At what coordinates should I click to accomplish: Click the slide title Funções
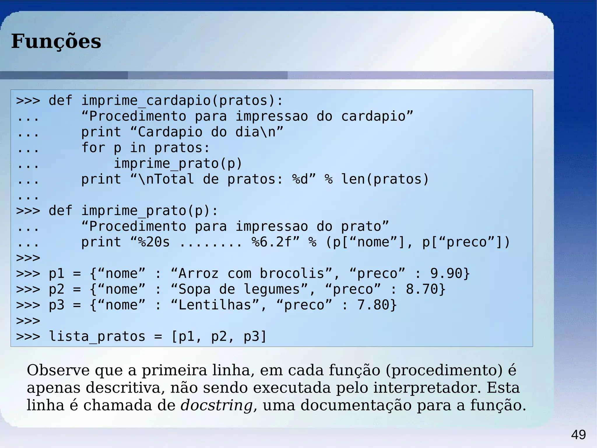56,41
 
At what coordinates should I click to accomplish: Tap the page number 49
578,435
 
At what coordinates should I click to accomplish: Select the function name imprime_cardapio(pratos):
182,101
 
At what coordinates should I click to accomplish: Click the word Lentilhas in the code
215,305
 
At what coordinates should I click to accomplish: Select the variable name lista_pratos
97,337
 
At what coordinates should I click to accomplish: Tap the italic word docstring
216,405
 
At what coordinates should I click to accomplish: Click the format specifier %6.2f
272,242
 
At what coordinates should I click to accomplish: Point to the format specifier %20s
154,242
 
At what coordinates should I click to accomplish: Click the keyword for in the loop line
93,148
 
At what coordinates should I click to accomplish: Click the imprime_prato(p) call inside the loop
178,163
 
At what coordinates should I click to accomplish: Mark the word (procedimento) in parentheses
444,370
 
